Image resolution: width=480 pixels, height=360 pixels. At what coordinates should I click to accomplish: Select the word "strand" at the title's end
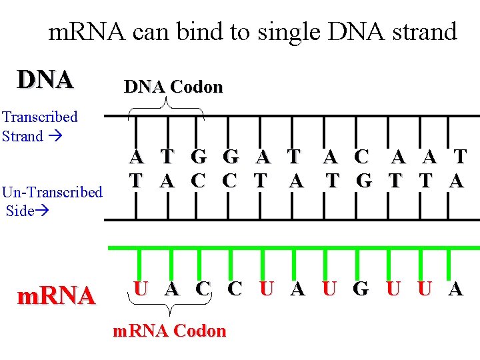pos(420,31)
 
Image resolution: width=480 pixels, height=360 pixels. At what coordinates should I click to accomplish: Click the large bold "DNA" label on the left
pos(45,79)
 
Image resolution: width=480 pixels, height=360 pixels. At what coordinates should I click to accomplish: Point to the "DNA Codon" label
pos(173,87)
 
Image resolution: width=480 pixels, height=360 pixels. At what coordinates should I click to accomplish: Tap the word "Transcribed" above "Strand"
pos(40,117)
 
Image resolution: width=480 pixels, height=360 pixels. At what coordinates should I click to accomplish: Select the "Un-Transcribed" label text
pos(52,193)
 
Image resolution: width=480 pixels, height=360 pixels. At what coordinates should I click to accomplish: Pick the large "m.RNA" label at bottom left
pos(56,295)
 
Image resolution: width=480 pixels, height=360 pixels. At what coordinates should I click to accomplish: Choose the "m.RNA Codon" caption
pos(169,331)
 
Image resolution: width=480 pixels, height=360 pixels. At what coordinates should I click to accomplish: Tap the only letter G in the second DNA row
pos(363,181)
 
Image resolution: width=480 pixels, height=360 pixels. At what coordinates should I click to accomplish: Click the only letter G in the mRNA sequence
pos(360,289)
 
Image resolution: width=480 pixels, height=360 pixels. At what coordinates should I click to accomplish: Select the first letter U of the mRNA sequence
pos(141,289)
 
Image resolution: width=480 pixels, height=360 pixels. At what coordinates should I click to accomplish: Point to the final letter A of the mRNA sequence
pos(455,289)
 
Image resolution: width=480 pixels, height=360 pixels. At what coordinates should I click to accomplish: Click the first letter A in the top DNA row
pos(136,157)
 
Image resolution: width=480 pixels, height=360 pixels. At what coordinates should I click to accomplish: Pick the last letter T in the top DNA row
pos(459,157)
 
